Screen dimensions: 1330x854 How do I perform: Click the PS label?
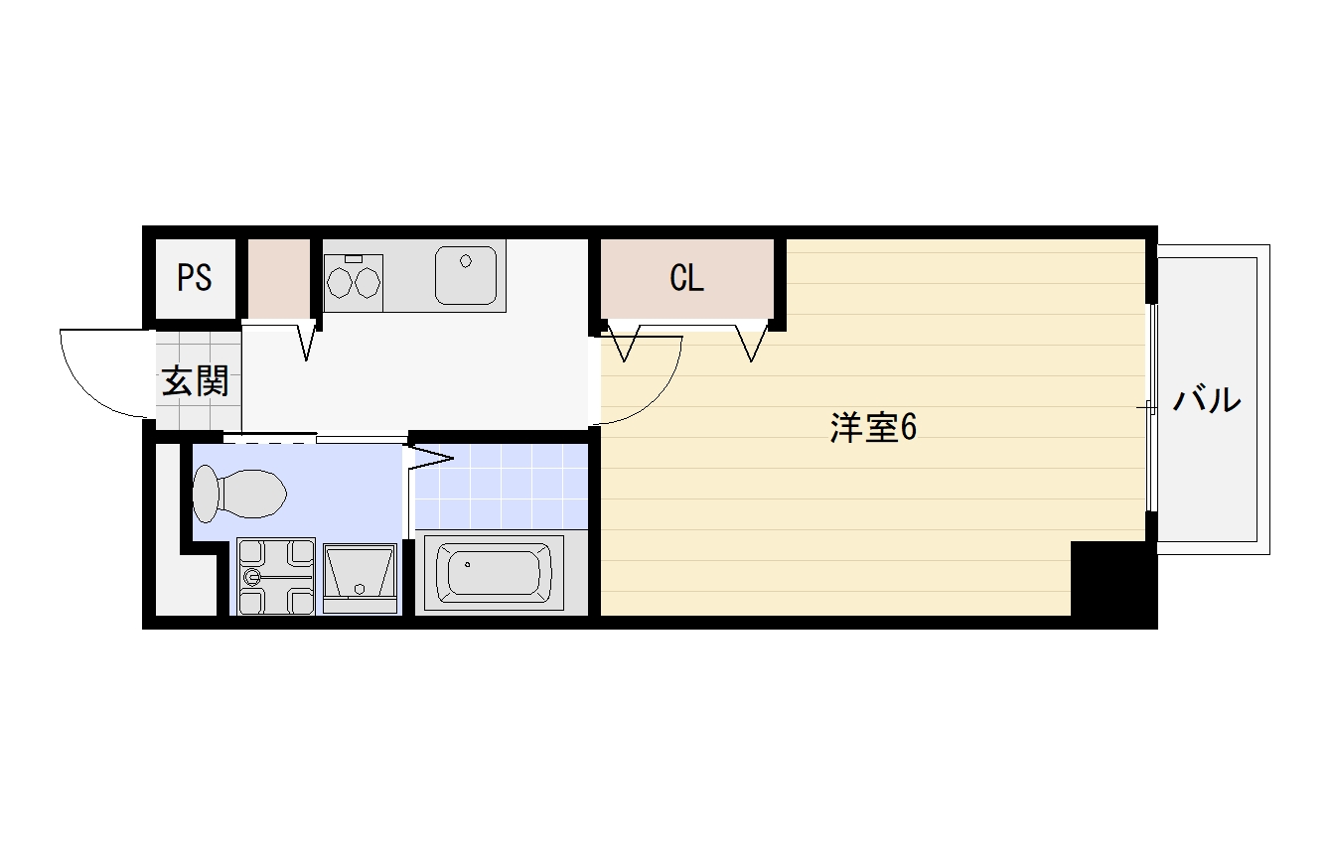(194, 277)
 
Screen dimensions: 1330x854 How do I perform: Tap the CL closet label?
(687, 278)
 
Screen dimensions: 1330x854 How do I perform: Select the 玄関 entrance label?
(196, 380)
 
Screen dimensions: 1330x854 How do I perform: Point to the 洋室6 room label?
(873, 427)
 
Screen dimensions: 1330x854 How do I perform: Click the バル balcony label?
(1207, 399)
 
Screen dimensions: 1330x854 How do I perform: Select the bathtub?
(494, 573)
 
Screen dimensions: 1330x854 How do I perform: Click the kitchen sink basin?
(466, 275)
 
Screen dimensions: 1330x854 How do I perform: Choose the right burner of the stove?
(367, 282)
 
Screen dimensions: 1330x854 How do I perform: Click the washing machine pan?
(275, 576)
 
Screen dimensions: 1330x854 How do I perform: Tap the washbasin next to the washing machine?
(360, 579)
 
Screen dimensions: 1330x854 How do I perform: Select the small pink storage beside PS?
(279, 278)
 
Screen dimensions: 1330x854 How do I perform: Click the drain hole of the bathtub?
(467, 564)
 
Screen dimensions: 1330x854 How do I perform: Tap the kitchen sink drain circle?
(466, 261)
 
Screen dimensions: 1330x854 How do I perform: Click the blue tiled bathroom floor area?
(502, 486)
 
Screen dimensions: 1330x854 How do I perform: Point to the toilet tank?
(206, 494)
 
